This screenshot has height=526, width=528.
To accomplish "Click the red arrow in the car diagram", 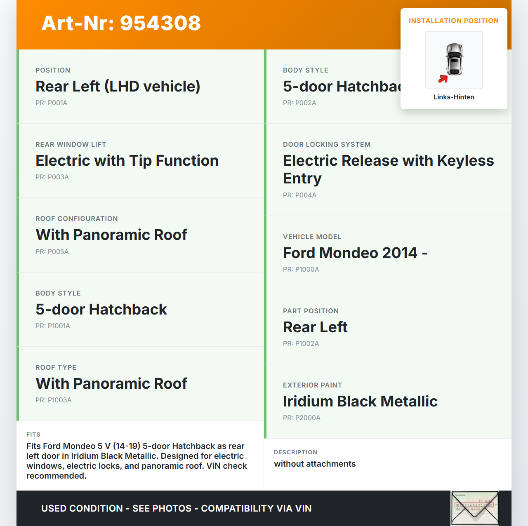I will tap(443, 79).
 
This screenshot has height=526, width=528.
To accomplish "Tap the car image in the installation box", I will tap(454, 59).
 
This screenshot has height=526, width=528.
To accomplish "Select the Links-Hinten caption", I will tap(454, 97).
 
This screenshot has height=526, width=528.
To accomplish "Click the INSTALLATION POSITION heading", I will tap(453, 21).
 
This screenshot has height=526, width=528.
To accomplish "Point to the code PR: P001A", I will tap(52, 103).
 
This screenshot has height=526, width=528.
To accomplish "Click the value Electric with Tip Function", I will tap(127, 161).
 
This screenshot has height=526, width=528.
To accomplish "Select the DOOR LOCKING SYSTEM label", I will tap(327, 144).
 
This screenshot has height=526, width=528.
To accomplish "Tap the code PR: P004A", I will tap(299, 195).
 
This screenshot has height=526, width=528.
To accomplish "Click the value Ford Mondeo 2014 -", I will tap(355, 253).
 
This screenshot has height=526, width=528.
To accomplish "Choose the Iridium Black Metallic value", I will tap(360, 401).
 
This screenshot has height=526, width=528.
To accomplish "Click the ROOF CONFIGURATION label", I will tap(77, 218).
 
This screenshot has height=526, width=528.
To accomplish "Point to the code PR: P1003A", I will tap(54, 400).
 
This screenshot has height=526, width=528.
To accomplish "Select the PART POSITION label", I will tap(311, 311).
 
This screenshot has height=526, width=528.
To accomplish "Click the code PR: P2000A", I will tap(302, 418).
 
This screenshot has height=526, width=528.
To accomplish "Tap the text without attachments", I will tap(315, 464).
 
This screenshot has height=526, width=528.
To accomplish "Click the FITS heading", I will tap(33, 434).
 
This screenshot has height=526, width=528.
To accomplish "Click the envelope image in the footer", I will tap(475, 508).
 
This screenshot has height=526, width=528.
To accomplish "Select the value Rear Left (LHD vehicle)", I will tap(118, 87).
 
